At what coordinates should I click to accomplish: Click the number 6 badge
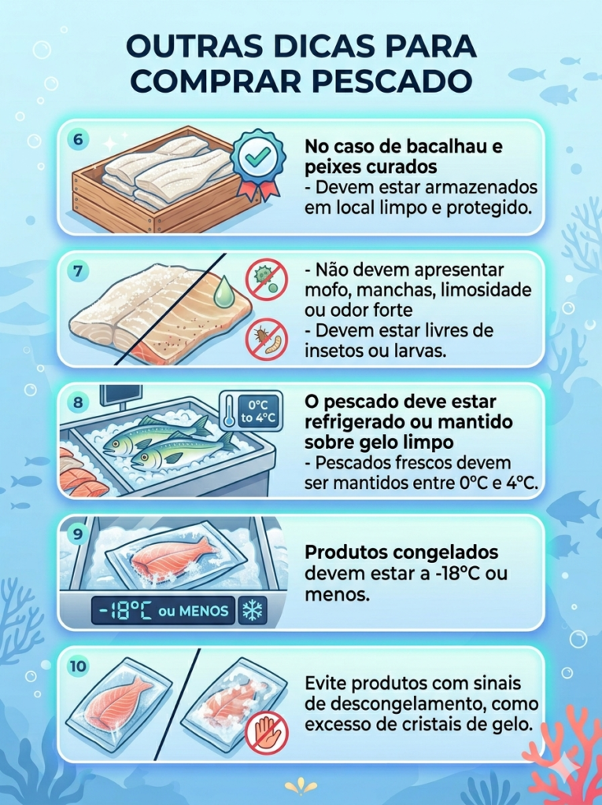[x=78, y=139]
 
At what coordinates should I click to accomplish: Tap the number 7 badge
[x=78, y=270]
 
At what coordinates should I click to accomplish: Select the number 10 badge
[x=78, y=667]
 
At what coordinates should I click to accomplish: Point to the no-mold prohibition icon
[x=267, y=279]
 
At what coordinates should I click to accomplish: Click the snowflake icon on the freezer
[x=252, y=611]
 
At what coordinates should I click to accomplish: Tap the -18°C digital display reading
[x=124, y=611]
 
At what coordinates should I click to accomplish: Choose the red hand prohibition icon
[x=266, y=732]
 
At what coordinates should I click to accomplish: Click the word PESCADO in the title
[x=392, y=79]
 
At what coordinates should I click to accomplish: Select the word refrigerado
[x=355, y=423]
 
